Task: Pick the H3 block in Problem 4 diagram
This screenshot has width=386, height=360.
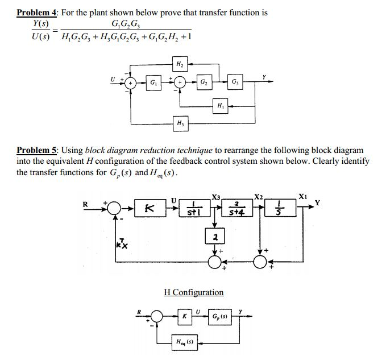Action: pos(180,123)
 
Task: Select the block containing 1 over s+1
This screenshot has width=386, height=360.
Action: pos(195,209)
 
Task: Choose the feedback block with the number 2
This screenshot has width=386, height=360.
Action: pos(215,235)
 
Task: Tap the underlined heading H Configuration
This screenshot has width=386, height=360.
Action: pos(193,292)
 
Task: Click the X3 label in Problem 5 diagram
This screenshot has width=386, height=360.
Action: pos(216,197)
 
